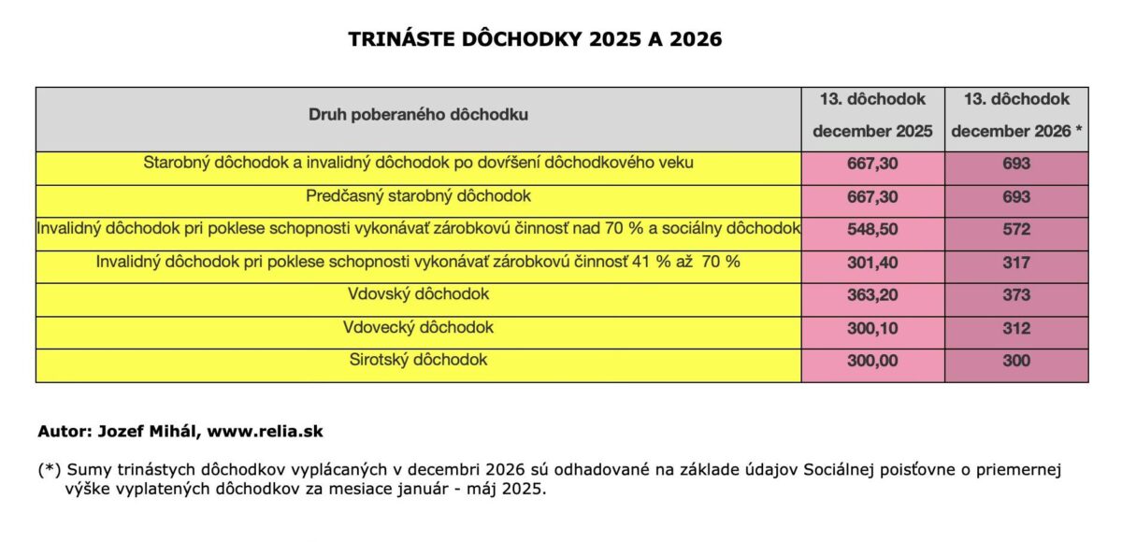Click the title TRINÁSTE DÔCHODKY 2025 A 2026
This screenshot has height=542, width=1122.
pyautogui.click(x=535, y=39)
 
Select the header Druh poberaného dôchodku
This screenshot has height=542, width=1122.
pyautogui.click(x=418, y=115)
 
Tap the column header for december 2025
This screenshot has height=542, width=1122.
pyautogui.click(x=872, y=115)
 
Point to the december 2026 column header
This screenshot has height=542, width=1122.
pyautogui.click(x=1016, y=115)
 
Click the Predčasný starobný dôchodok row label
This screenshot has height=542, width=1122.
pyautogui.click(x=418, y=197)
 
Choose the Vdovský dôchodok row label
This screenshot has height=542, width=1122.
pyautogui.click(x=418, y=295)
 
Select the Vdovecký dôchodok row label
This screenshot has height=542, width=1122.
pyautogui.click(x=418, y=328)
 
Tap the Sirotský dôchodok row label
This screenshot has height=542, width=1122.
pyautogui.click(x=418, y=360)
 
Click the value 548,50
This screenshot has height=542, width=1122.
pyautogui.click(x=872, y=230)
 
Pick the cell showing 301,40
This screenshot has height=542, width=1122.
pyautogui.click(x=872, y=263)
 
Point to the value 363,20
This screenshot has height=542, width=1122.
pyautogui.click(x=872, y=295)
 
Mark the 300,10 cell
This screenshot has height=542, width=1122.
pyautogui.click(x=872, y=328)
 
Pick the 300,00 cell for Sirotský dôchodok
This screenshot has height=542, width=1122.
pyautogui.click(x=872, y=361)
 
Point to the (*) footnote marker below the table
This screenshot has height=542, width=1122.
pyautogui.click(x=50, y=470)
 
